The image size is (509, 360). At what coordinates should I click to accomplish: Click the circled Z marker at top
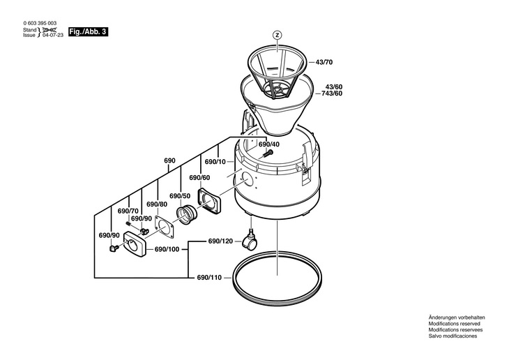click(277, 35)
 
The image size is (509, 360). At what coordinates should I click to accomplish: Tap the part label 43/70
click(325, 62)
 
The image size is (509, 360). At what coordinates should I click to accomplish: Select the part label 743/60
click(333, 93)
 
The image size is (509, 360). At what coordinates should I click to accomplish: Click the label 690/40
click(269, 144)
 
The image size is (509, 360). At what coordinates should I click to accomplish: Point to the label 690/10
click(215, 161)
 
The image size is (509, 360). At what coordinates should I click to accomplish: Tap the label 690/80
click(157, 204)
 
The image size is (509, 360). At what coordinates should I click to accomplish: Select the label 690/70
click(128, 211)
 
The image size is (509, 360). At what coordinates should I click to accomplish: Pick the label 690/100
click(167, 249)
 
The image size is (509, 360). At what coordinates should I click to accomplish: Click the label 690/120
click(220, 241)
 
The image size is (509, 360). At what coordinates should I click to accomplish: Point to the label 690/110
click(209, 278)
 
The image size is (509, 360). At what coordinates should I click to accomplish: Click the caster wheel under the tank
click(250, 242)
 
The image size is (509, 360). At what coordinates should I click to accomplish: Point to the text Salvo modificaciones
click(453, 336)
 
